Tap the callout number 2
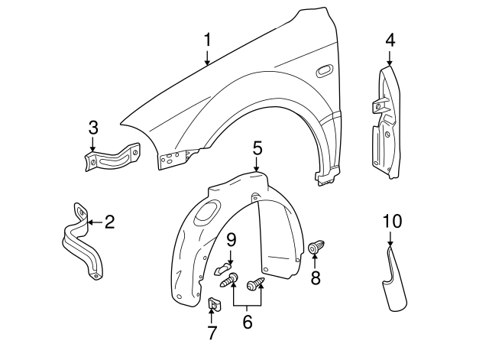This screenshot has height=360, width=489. click(x=109, y=222)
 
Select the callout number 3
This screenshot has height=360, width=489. click(x=93, y=126)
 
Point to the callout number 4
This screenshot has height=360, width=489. click(x=390, y=39)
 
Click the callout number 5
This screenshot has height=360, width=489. click(x=257, y=148)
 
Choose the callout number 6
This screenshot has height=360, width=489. click(x=248, y=322)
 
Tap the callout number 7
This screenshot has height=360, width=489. click(x=212, y=332)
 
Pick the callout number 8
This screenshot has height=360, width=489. click(x=316, y=278)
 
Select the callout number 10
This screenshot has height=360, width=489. click(x=391, y=222)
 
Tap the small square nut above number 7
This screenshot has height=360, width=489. click(x=213, y=305)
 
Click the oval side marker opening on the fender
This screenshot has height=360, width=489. click(x=323, y=72)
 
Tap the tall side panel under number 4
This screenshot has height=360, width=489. click(x=387, y=122)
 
